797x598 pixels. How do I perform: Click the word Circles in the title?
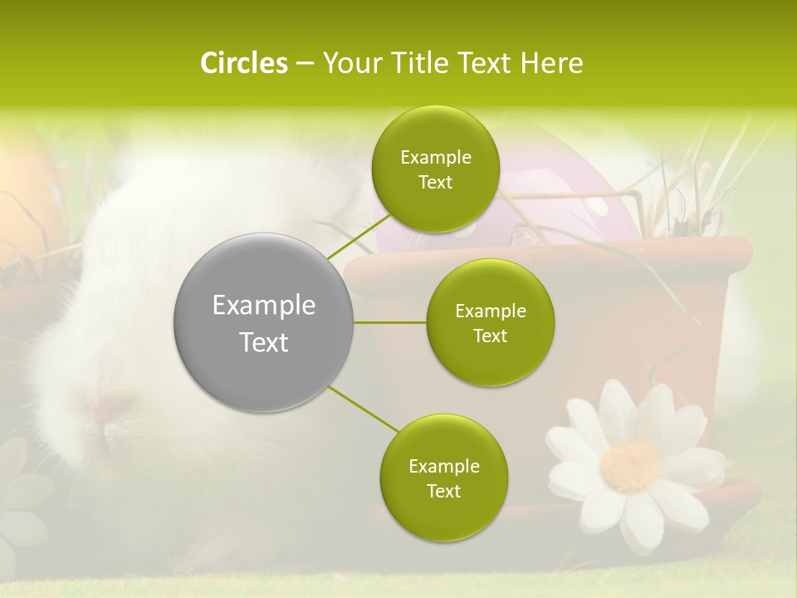tap(243, 63)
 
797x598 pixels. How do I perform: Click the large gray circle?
tap(264, 322)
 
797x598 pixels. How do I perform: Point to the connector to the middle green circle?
tap(390, 322)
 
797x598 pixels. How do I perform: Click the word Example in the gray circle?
tap(264, 306)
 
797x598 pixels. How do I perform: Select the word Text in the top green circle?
tap(435, 183)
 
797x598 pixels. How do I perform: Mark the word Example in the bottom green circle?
tap(443, 467)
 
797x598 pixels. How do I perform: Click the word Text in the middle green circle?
tap(490, 336)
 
